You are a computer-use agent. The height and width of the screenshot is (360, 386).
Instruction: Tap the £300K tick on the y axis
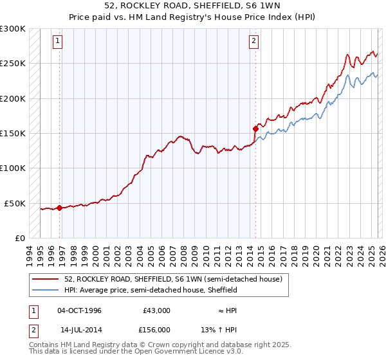pos(13,29)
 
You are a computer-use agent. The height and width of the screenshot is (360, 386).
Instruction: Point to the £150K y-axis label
pos(13,134)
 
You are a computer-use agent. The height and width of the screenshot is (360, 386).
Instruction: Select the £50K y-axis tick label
pos(15,203)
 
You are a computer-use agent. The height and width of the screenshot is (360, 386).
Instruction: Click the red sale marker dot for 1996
pos(60,208)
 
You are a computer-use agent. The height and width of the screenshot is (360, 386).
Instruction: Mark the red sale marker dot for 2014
pos(255,129)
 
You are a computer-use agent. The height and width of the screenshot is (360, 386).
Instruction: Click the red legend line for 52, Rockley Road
pos(46,279)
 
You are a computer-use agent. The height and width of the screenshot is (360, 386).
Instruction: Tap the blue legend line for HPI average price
pos(46,290)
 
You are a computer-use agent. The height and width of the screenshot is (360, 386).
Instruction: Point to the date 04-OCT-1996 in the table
pos(79,310)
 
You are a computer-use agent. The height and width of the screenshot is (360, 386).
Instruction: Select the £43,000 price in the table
pos(156,310)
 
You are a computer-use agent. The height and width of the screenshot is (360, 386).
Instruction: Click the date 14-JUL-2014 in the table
pos(79,330)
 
